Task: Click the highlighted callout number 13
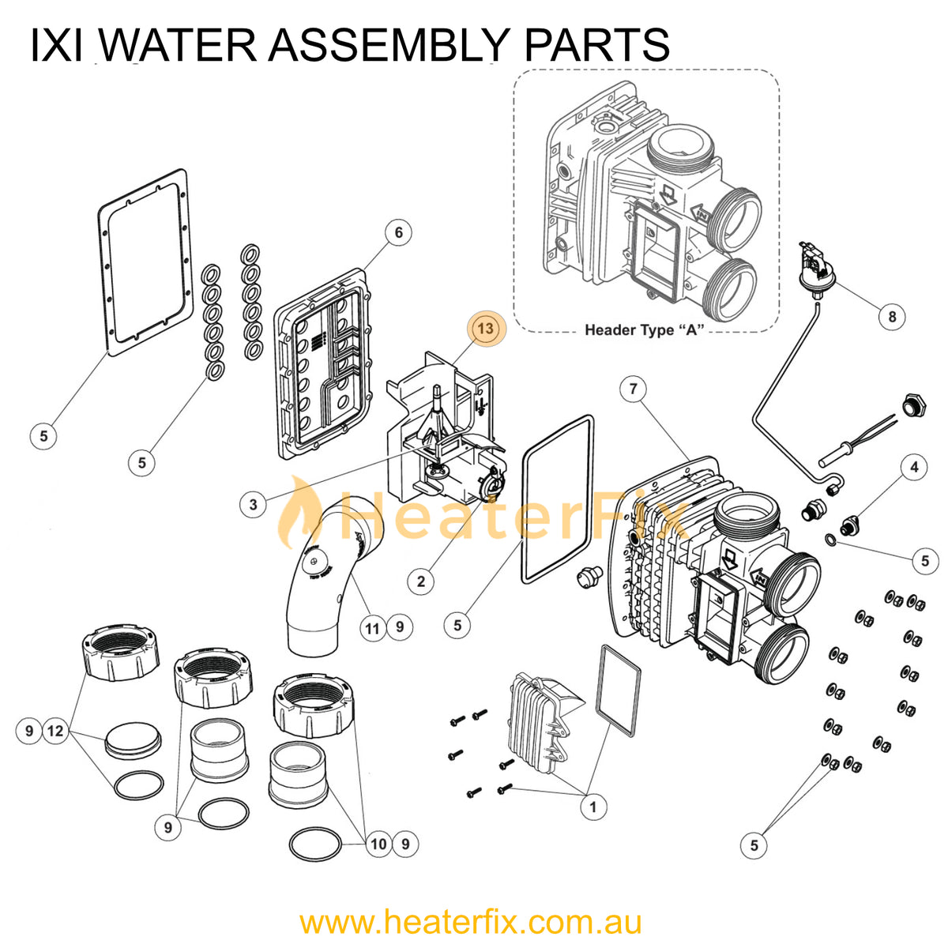(485, 328)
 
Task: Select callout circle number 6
(399, 232)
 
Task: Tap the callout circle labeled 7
(633, 389)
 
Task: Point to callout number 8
(892, 317)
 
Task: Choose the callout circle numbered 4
(914, 467)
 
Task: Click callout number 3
(253, 505)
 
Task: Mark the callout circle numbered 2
(420, 582)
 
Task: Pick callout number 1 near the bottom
(592, 807)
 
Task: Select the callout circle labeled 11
(372, 628)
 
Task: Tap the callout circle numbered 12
(55, 731)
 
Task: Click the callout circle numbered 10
(379, 844)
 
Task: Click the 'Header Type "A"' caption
(644, 330)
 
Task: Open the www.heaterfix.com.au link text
(470, 922)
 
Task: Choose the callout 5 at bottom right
(754, 846)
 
